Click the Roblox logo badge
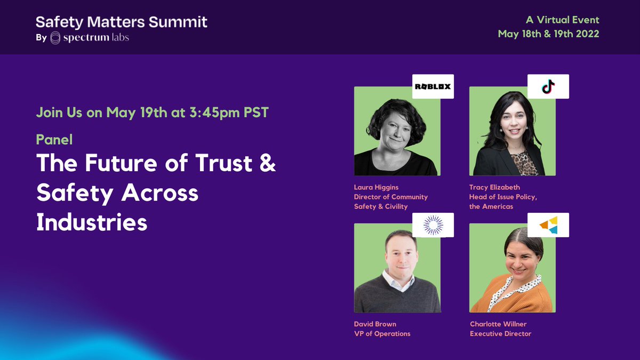433,86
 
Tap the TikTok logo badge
548,86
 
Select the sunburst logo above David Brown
433,225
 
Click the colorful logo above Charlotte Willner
548,225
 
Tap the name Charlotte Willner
498,324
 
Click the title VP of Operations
382,334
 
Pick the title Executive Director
500,334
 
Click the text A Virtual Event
563,20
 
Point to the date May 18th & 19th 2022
548,34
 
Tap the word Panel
54,140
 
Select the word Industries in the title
91,222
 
